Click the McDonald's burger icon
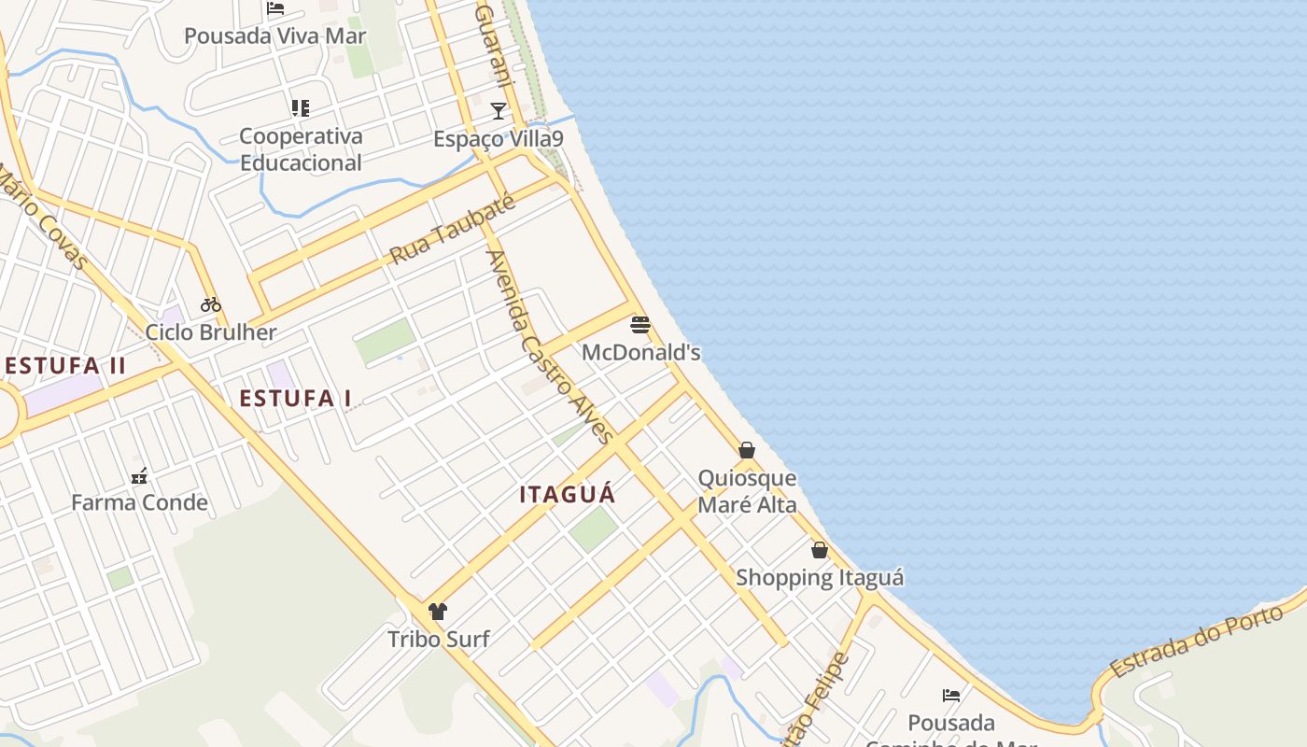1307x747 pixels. pyautogui.click(x=640, y=325)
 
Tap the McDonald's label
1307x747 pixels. pyautogui.click(x=640, y=352)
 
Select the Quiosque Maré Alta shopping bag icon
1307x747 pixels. pyautogui.click(x=747, y=450)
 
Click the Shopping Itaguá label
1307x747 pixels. pyautogui.click(x=820, y=577)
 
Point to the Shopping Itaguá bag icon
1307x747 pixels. pyautogui.click(x=820, y=550)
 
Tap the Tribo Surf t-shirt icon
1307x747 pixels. pyautogui.click(x=438, y=612)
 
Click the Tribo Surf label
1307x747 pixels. pyautogui.click(x=439, y=640)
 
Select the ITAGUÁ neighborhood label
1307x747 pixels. pyautogui.click(x=568, y=494)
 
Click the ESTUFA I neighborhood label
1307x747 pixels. pyautogui.click(x=295, y=399)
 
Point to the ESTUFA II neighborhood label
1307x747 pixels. pyautogui.click(x=64, y=365)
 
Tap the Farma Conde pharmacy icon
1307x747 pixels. pyautogui.click(x=139, y=476)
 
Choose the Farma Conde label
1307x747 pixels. pyautogui.click(x=139, y=503)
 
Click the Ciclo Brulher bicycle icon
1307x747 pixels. pyautogui.click(x=211, y=304)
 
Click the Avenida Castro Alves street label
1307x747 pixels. pyautogui.click(x=550, y=347)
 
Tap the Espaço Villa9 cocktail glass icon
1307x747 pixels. pyautogui.click(x=499, y=111)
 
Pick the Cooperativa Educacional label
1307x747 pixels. pyautogui.click(x=301, y=149)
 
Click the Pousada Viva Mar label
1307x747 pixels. pyautogui.click(x=274, y=36)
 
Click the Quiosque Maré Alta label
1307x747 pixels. pyautogui.click(x=748, y=492)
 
